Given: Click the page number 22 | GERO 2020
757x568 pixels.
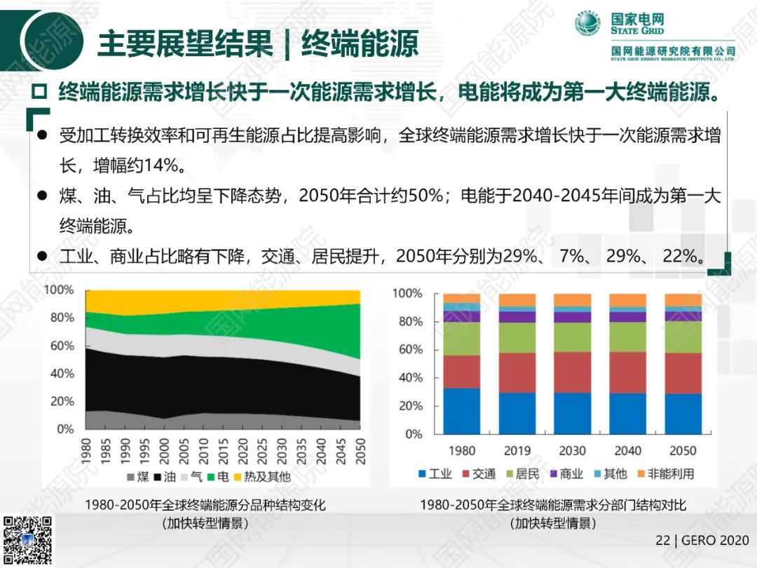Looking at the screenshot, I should (x=702, y=541).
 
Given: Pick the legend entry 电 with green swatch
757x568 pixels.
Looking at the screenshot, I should (x=217, y=477).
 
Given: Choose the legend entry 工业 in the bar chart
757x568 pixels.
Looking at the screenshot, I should (x=434, y=474).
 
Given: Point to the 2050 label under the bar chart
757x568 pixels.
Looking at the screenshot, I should (x=682, y=450).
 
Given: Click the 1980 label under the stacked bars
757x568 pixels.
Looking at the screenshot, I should (x=461, y=450).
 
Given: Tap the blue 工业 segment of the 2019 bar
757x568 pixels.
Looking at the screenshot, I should (x=517, y=414).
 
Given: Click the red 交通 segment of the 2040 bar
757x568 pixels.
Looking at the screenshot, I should (x=627, y=372).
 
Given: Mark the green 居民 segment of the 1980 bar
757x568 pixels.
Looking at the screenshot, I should (x=461, y=339).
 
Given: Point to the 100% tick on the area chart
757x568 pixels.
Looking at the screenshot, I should (x=59, y=290).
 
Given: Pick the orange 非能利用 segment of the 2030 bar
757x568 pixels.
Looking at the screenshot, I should (x=572, y=300).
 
